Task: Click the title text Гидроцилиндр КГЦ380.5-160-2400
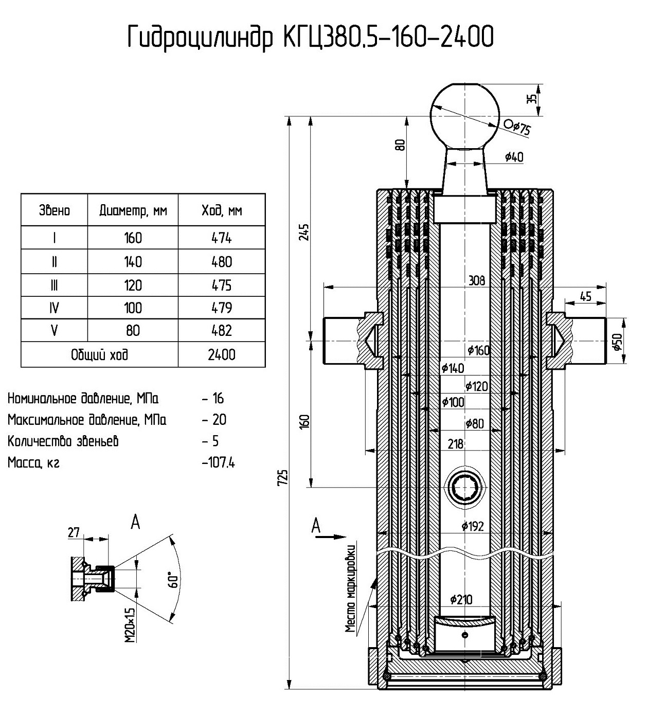[311, 38]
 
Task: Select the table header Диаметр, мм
[133, 210]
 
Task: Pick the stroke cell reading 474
[222, 238]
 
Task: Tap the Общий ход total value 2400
[222, 355]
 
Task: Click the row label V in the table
[54, 330]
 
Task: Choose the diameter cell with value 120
[133, 285]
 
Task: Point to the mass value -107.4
[219, 462]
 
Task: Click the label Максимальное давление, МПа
[87, 420]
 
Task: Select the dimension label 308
[476, 281]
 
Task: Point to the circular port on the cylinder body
[465, 487]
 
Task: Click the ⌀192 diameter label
[473, 526]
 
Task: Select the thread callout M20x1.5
[130, 624]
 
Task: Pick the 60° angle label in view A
[175, 580]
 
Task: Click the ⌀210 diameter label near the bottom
[461, 599]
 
